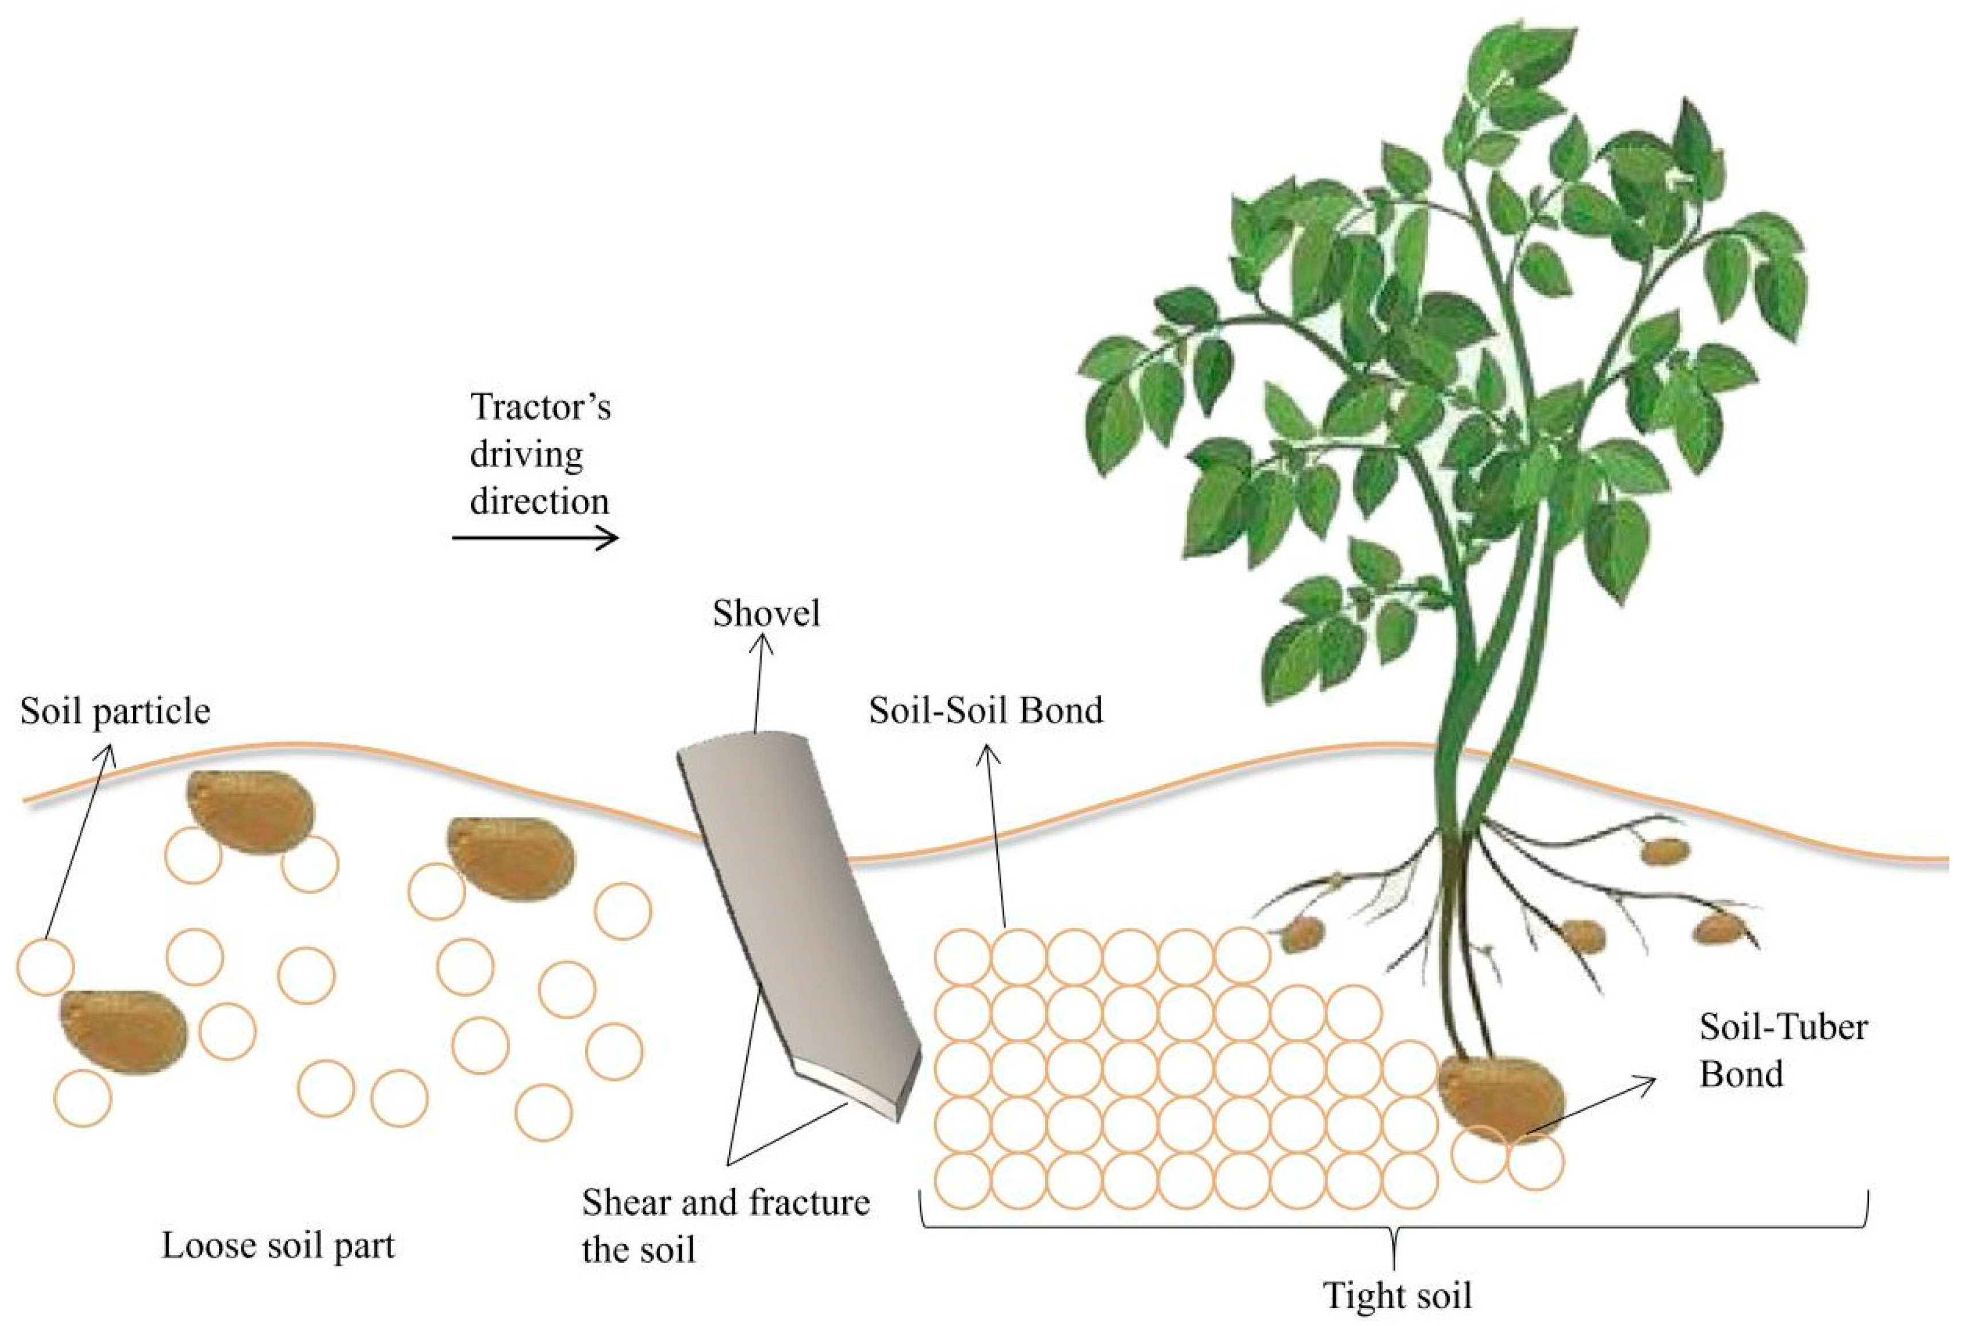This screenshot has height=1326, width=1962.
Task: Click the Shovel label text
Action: [x=766, y=613]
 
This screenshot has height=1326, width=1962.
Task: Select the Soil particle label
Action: [x=115, y=711]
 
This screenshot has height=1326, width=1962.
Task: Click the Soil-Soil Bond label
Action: [x=986, y=711]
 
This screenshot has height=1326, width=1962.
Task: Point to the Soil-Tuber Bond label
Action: [x=1782, y=1051]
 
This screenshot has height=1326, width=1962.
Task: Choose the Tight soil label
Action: [x=1397, y=1295]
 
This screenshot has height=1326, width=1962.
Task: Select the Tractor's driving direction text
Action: [x=540, y=454]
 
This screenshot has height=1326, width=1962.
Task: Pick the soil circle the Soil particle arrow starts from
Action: [x=45, y=967]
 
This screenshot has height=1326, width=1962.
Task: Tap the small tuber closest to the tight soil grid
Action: [x=1304, y=934]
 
